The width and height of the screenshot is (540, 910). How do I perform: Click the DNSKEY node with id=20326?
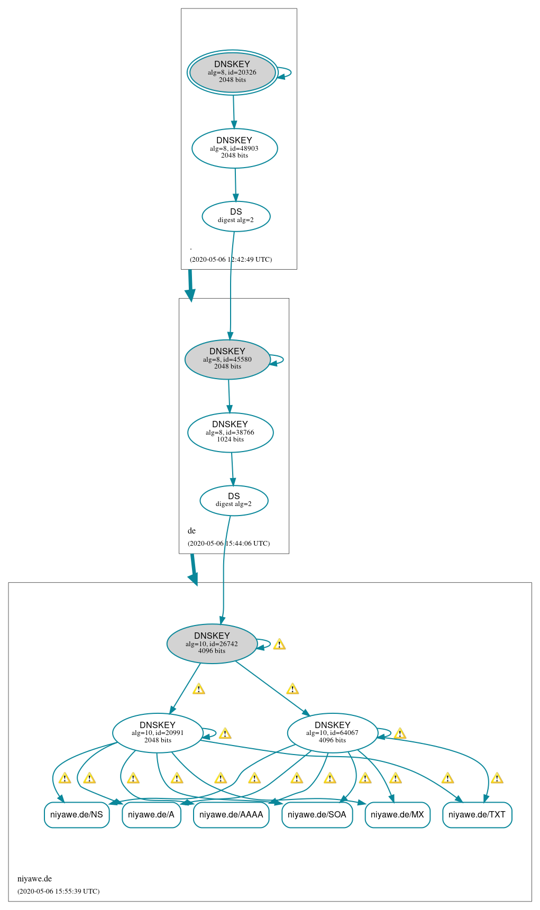click(x=232, y=72)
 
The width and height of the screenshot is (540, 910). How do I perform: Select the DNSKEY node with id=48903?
click(x=234, y=148)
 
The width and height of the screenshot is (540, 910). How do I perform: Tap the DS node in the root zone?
click(x=236, y=216)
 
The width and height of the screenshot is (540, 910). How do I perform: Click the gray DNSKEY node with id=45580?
click(x=227, y=359)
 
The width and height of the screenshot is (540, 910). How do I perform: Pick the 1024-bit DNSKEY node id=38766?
click(x=230, y=432)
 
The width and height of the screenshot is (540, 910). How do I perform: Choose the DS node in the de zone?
click(x=234, y=500)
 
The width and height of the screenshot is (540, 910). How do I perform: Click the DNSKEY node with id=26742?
click(x=212, y=644)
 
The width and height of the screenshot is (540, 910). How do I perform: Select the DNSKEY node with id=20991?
click(x=158, y=733)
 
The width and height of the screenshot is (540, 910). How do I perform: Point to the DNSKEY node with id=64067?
click(x=332, y=733)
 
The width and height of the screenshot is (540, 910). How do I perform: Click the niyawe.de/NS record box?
click(x=77, y=815)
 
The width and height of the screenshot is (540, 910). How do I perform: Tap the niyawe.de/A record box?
click(x=151, y=815)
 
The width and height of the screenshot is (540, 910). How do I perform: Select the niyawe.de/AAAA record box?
click(x=231, y=815)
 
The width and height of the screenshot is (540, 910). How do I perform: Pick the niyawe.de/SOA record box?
click(x=317, y=815)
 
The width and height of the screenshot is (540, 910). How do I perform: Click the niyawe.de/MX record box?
click(x=397, y=815)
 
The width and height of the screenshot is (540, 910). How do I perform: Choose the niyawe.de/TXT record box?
click(x=477, y=815)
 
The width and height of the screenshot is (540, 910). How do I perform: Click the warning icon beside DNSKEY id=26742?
click(x=279, y=644)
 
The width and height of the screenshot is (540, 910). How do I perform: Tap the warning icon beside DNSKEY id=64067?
click(x=400, y=733)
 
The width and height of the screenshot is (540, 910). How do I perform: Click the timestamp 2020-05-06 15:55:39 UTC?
click(x=58, y=891)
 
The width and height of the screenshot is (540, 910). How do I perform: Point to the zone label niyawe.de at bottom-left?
click(x=34, y=879)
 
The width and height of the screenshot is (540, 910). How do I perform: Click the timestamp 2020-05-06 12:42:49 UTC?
click(x=231, y=260)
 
